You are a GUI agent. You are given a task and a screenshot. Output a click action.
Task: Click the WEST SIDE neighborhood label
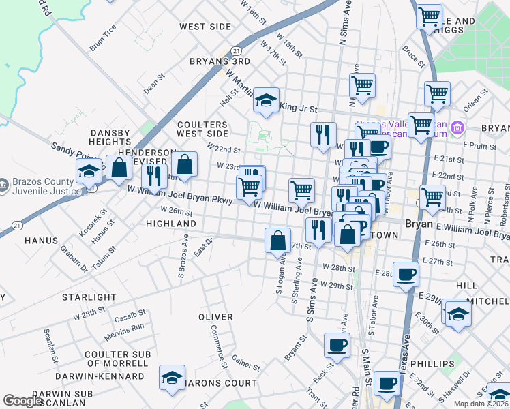(x=196, y=27)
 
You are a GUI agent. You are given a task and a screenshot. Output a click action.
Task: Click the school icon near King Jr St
(x=266, y=101)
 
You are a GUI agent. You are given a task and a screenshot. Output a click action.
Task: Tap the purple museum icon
(x=457, y=127)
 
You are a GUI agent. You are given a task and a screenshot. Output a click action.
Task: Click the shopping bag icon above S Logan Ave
(x=277, y=241)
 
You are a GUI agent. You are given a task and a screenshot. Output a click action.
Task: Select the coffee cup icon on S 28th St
(x=406, y=275)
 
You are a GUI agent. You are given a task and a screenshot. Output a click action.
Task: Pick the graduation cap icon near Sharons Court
(x=172, y=378)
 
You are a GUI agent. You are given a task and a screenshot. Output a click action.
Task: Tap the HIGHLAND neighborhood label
(x=171, y=224)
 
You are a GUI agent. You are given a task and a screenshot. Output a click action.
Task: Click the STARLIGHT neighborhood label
(x=89, y=298)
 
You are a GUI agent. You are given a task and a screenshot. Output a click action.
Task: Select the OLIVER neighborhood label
(x=215, y=318)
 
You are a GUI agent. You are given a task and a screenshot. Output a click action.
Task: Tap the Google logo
(x=23, y=401)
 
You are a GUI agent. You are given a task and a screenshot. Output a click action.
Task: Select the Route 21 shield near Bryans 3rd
(x=236, y=51)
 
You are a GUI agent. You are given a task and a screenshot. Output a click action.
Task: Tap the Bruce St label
(x=413, y=55)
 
